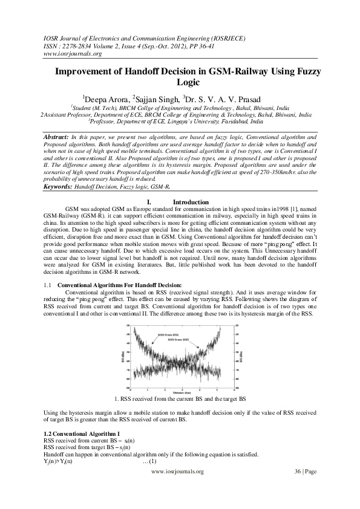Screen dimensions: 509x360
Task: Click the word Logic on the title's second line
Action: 188,82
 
